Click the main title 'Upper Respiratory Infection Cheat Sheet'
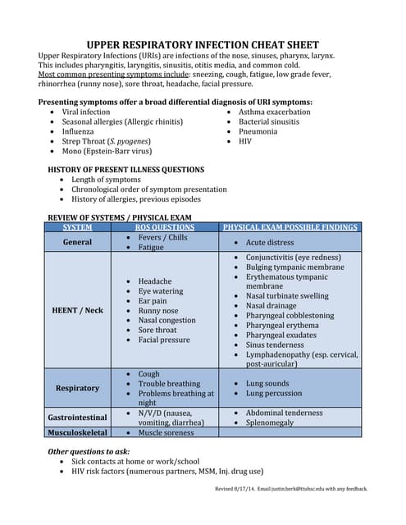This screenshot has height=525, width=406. pos(203,44)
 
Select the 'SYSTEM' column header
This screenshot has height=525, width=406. pos(78,227)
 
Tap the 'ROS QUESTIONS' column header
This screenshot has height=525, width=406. pos(165,227)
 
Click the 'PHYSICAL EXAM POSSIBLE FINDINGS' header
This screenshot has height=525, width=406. pos(290,227)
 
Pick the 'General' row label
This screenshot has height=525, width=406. pos(78,242)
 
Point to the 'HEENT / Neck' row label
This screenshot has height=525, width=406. pos(78,310)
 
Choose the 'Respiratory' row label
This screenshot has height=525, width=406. pos(78,387)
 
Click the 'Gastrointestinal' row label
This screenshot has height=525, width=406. pos(78,418)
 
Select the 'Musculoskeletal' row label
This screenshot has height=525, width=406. pos(78,432)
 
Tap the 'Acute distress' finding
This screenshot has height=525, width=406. pos(270,243)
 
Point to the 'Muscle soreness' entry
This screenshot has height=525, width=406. pos(166,432)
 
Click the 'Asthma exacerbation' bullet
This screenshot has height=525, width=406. pos(274,112)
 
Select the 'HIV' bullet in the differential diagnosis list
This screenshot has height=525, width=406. pos(246,141)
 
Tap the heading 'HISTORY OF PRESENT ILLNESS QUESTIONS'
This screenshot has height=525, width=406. pos(126,170)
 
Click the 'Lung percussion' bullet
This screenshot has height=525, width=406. pos(275,394)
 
